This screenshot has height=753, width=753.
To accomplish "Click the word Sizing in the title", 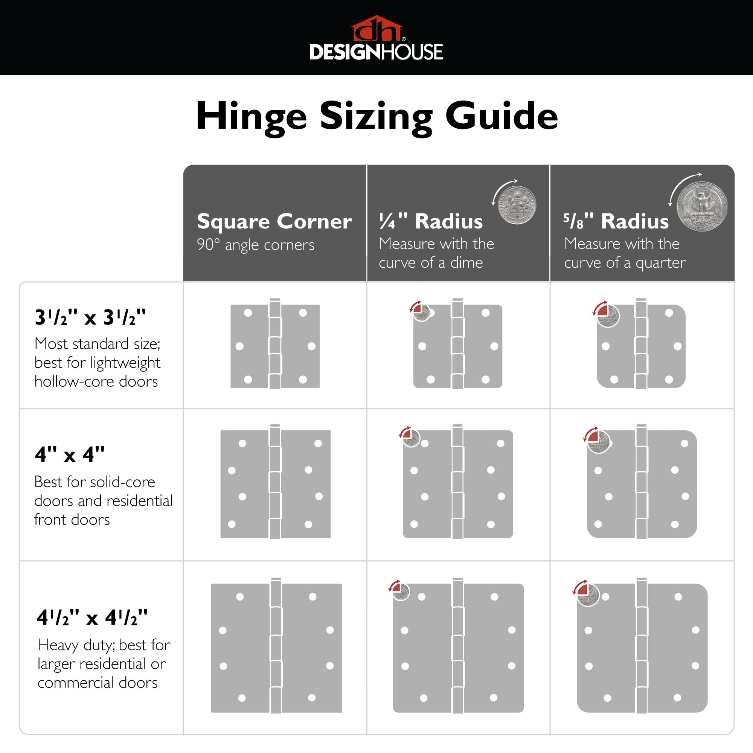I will coord(376,116).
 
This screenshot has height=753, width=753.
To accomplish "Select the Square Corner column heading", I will coord(274,221).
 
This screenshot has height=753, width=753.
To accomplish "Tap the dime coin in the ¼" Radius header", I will coord(518,206).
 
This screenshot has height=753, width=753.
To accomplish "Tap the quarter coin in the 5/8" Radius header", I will coord(701,207).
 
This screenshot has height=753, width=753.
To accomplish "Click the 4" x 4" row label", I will coord(70,454).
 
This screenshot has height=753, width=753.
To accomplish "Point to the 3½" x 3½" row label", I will coord(90,317).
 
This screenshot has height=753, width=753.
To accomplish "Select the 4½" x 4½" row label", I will coord(92,617).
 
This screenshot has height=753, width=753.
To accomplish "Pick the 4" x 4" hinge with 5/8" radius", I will coord(642,484).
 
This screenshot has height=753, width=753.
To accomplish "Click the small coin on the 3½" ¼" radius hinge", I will coord(422,312).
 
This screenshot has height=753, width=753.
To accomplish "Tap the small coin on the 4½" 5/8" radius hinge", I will coord(588,595).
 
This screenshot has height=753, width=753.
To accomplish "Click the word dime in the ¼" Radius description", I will coord(466,263).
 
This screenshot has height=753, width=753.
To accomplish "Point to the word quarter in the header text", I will coord(660,263).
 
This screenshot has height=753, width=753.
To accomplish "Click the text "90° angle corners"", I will coord(255,245).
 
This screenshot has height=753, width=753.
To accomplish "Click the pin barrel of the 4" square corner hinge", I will coord(275,484).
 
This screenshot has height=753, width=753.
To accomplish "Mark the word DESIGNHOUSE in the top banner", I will coord(376,52).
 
